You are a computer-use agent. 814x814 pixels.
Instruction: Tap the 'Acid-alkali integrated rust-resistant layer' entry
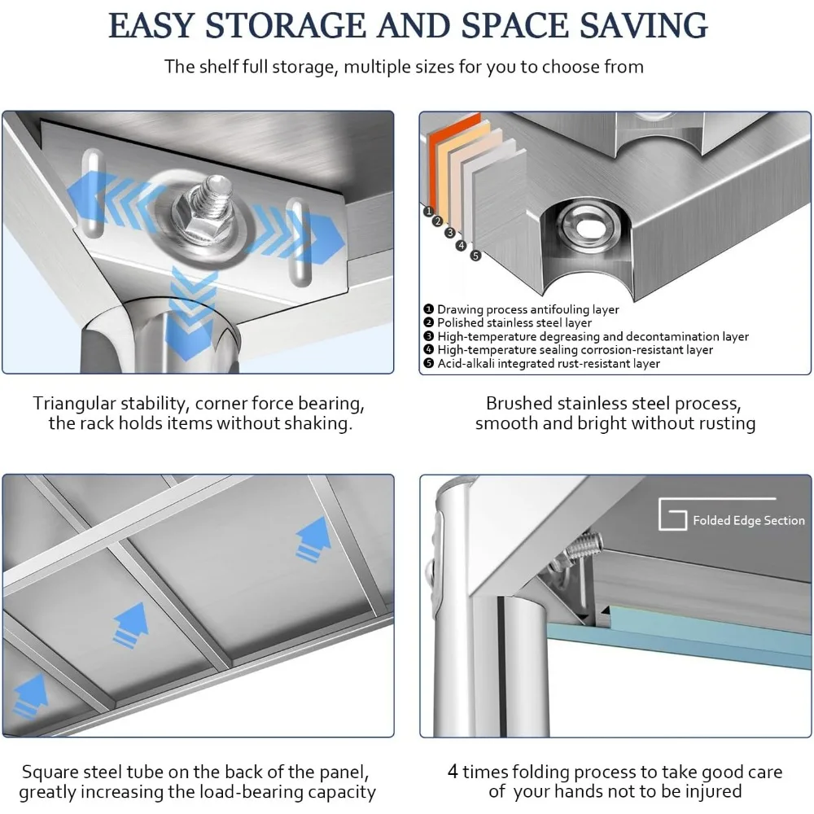pos(548,364)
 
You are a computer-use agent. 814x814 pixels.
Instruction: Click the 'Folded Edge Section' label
pos(748,521)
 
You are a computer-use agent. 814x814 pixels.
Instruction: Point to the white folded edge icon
pos(672,514)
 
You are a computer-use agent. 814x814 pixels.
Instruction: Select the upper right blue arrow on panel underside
pos(313,538)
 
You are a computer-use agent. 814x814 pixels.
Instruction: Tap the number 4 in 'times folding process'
pos(453,772)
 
